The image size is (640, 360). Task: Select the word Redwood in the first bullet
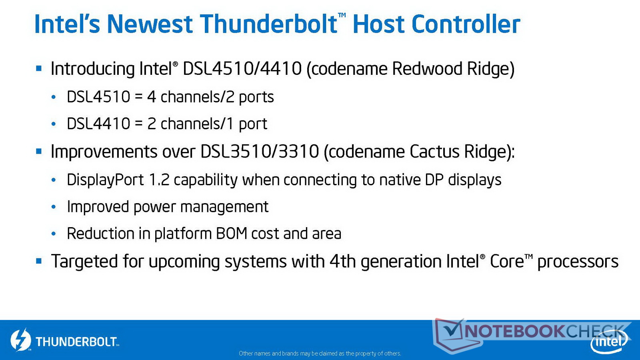(x=426, y=69)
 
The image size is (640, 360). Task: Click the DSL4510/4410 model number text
(x=242, y=69)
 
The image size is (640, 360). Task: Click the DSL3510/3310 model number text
(x=260, y=151)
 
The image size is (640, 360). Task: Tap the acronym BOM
(x=232, y=234)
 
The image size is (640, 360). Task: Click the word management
(x=224, y=207)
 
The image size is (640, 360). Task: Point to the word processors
(x=578, y=262)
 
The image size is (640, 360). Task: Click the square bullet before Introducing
(x=39, y=68)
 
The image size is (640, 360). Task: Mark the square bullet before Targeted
(x=39, y=261)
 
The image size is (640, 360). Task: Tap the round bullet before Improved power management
(x=54, y=207)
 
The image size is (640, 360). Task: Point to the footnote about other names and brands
(x=320, y=354)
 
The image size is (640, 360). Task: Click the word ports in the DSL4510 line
(x=256, y=98)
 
